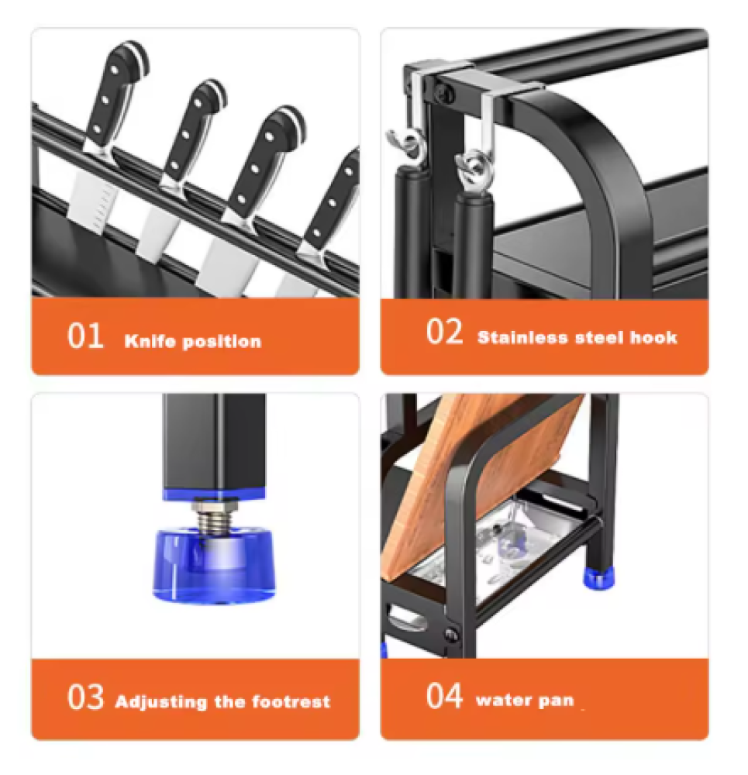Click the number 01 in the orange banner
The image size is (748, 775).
pos(85,336)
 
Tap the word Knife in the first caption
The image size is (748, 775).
pos(150,341)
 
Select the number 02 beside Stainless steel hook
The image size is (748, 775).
pos(444,332)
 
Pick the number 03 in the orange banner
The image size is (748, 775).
pos(85,697)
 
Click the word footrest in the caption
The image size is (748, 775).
pos(291,701)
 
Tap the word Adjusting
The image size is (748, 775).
pos(160,702)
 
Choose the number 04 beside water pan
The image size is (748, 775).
pos(444,696)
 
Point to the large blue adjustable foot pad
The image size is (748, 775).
pos(214,567)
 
